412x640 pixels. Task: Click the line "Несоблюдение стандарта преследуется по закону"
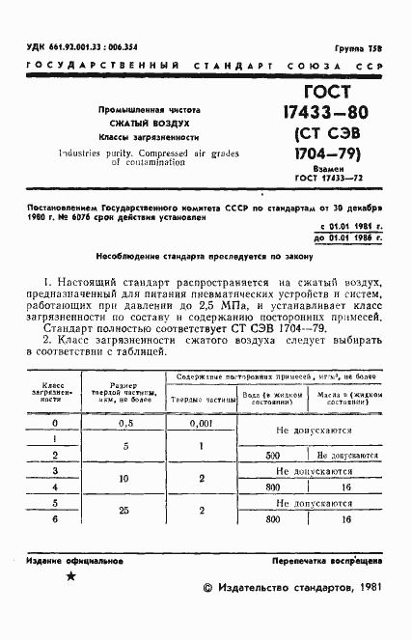pyautogui.click(x=205, y=257)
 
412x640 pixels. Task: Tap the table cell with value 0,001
pyautogui.click(x=201, y=423)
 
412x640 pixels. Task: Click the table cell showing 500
pyautogui.click(x=271, y=453)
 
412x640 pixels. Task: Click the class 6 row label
pyautogui.click(x=54, y=519)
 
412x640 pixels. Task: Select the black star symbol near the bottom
pyautogui.click(x=69, y=576)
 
